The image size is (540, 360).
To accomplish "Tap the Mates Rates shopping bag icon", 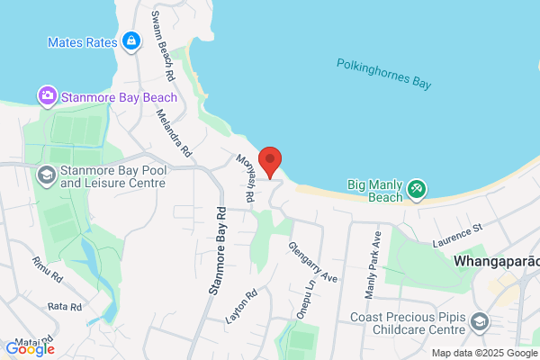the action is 131,40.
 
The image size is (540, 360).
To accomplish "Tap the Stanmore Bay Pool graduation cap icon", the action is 44,175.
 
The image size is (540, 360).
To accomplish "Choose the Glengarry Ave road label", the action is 312,261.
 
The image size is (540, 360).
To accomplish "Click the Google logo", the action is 30,349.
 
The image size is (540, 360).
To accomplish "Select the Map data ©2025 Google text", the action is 482,353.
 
